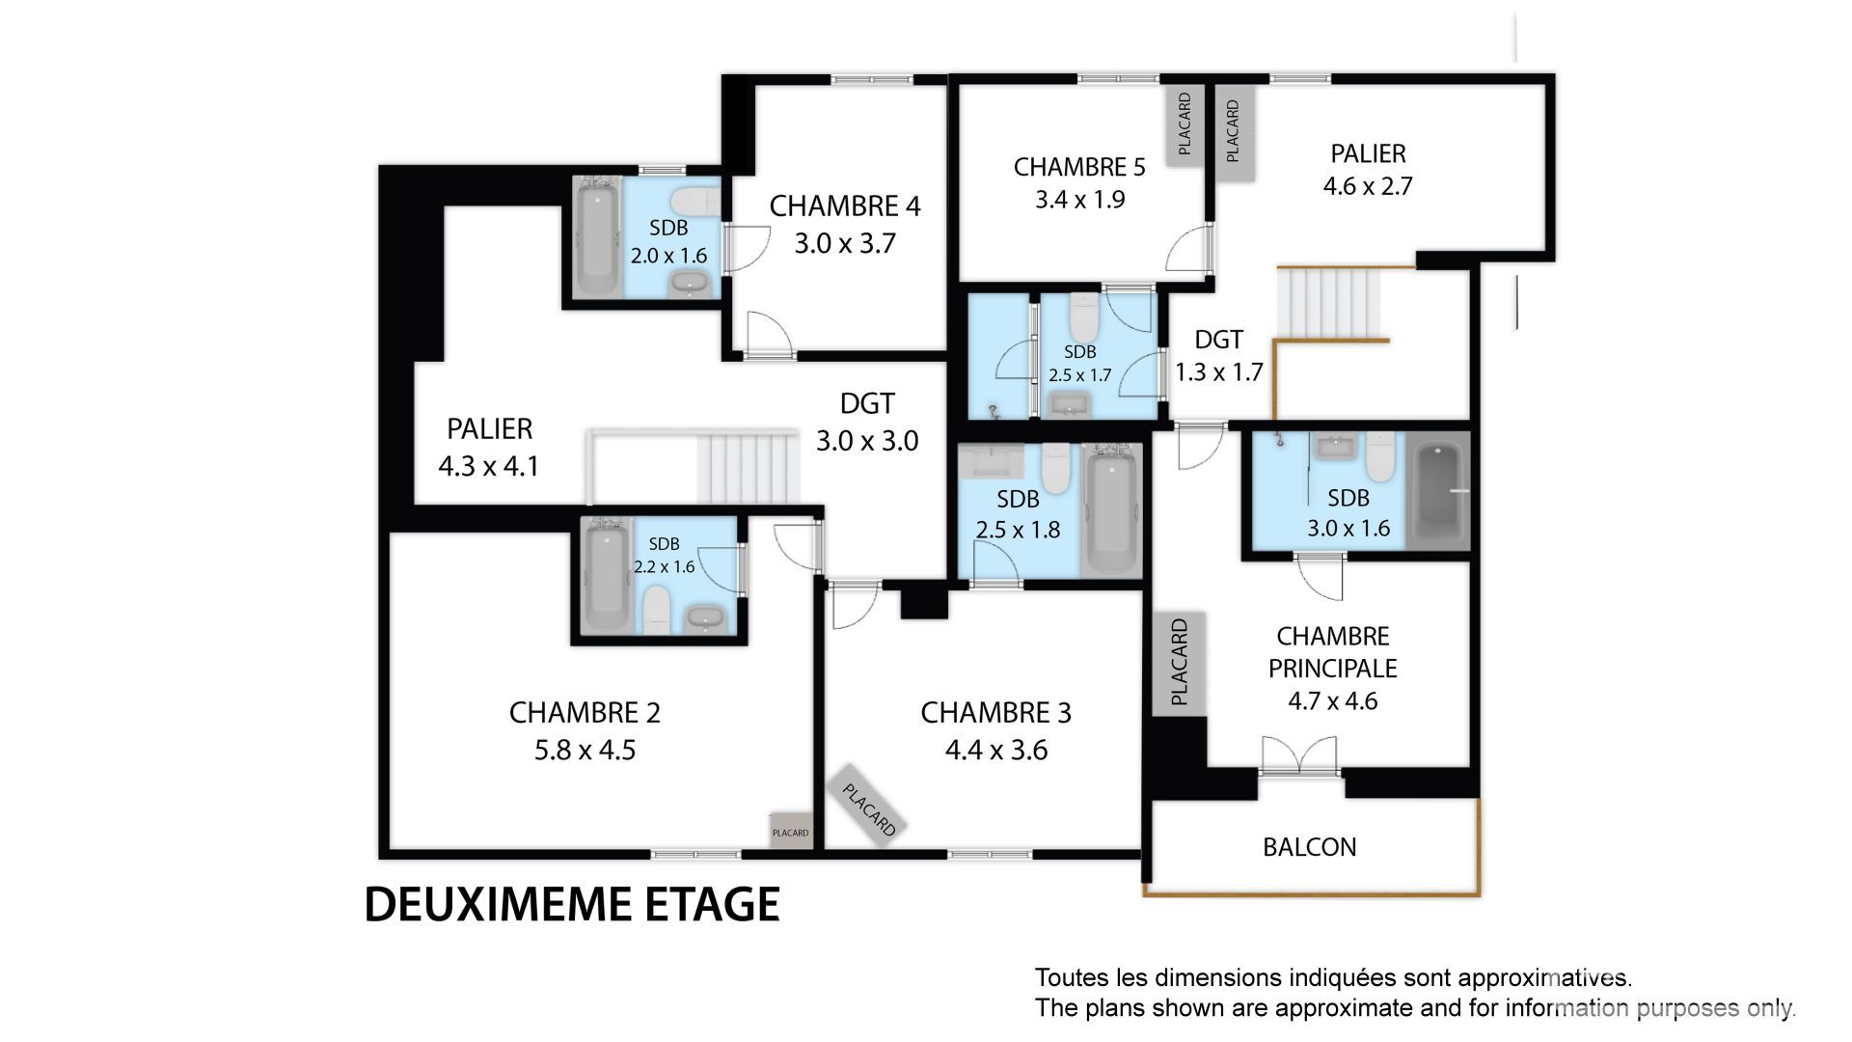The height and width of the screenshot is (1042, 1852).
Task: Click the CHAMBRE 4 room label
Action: pyautogui.click(x=845, y=206)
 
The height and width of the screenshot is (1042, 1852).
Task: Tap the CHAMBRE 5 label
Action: pyautogui.click(x=1079, y=167)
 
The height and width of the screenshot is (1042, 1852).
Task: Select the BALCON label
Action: pyautogui.click(x=1309, y=847)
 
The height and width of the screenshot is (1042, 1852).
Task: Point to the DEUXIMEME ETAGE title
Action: pyautogui.click(x=572, y=904)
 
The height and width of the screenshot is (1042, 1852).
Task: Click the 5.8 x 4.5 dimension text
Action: pyautogui.click(x=585, y=750)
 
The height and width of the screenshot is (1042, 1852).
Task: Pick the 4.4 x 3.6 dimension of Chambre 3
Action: pyautogui.click(x=995, y=750)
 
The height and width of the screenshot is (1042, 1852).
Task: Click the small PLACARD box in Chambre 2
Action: pyautogui.click(x=790, y=831)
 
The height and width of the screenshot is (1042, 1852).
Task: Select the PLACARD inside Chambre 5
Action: pyautogui.click(x=1185, y=124)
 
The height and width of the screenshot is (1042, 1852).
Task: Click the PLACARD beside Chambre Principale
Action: pyautogui.click(x=1179, y=663)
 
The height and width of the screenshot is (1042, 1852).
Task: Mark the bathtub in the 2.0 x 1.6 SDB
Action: pyautogui.click(x=597, y=236)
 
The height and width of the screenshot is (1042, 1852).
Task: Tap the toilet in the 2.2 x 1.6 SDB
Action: pyautogui.click(x=657, y=609)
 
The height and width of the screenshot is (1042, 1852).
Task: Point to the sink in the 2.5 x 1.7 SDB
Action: pyautogui.click(x=1068, y=403)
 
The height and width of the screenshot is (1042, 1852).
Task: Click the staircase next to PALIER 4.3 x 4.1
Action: pyautogui.click(x=749, y=467)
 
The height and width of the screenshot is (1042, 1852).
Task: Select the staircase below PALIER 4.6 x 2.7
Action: pyautogui.click(x=1328, y=302)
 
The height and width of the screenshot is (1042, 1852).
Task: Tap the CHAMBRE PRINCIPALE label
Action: pyautogui.click(x=1332, y=652)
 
